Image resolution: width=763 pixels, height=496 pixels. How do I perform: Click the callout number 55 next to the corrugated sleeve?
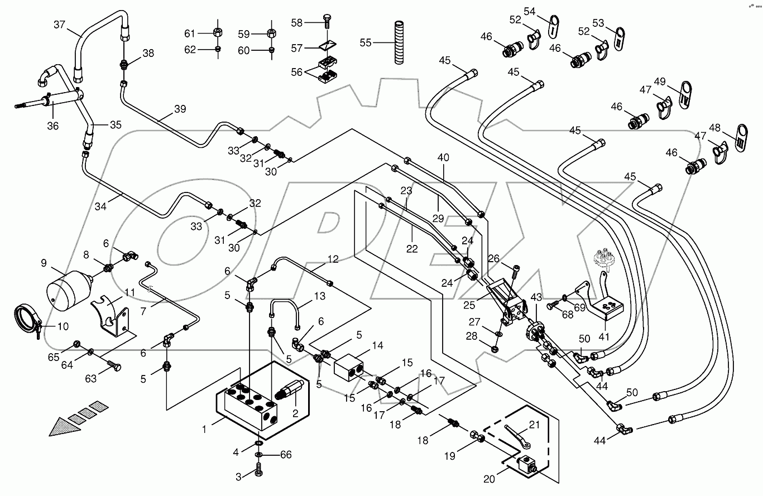point(366,42)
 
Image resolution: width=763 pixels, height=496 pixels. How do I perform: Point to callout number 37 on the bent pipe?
point(59,25)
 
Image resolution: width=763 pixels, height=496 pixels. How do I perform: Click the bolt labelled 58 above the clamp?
point(327,23)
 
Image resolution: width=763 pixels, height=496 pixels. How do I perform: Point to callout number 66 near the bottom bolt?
point(286,455)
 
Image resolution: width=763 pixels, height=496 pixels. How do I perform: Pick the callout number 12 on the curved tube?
point(333,259)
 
